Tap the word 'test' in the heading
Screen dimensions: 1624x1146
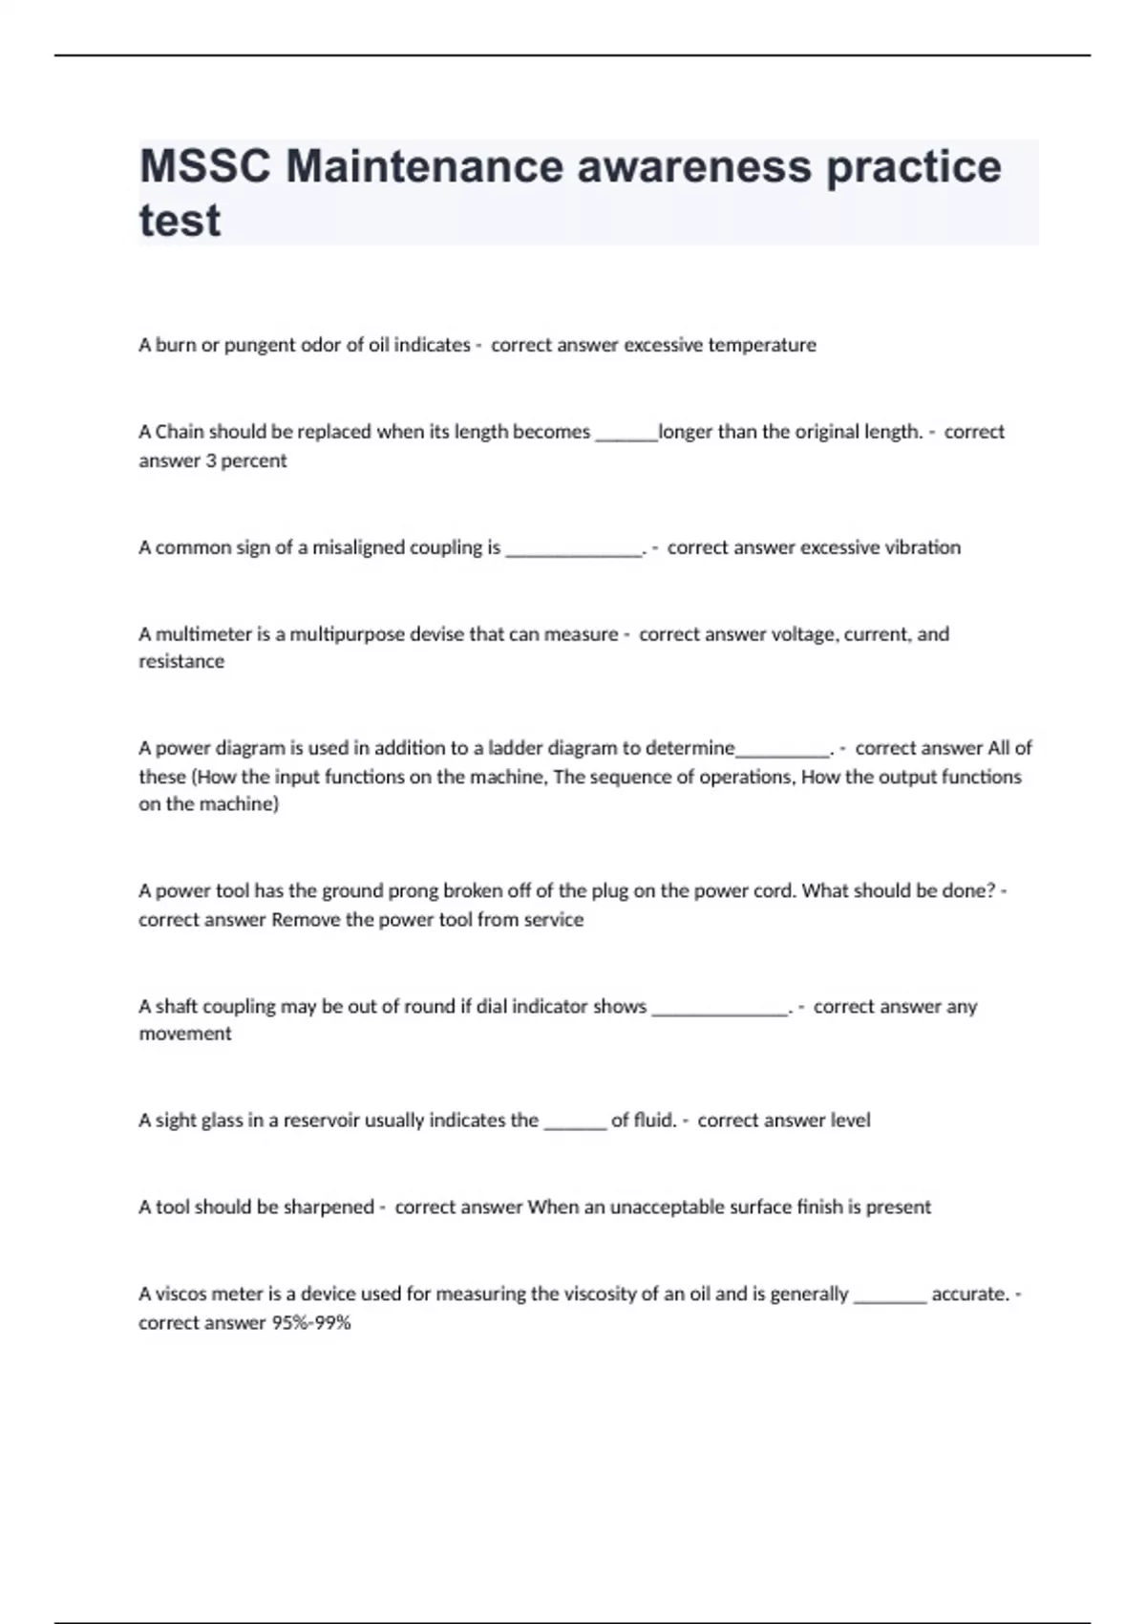[x=180, y=221]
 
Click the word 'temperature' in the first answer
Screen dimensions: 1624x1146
[x=762, y=345]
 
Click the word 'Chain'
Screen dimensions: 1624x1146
[x=180, y=432]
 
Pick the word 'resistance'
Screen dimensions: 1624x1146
[x=181, y=661]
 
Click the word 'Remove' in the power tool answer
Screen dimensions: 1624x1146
[x=302, y=920]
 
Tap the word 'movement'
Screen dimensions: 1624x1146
[x=185, y=1034]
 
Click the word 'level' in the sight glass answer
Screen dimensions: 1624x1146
[x=850, y=1121]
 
